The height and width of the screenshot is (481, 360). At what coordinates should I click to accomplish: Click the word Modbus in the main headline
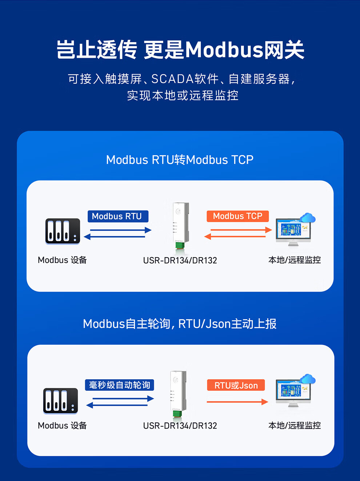coord(224,50)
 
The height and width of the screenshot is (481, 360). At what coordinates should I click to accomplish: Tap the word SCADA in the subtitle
coord(172,79)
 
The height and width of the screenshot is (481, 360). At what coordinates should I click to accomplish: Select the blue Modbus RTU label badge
coord(118,216)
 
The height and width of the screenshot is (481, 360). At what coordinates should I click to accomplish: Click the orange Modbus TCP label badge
coord(237,216)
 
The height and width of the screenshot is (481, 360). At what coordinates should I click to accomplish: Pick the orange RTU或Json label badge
coord(236,385)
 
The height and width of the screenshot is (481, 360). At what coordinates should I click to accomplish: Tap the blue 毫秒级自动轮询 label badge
coord(120,385)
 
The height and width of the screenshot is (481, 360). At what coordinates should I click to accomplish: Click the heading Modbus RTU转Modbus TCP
coord(180,160)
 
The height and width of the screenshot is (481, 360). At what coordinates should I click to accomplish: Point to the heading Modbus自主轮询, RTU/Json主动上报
coord(180,324)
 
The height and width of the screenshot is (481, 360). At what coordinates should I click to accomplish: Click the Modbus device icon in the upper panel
coord(63,231)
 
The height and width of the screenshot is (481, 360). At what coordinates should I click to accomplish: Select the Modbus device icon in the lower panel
coord(61,401)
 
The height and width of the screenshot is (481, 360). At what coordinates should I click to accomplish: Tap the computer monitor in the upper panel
coord(293,231)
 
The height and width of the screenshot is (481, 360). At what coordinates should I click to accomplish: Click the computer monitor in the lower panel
coord(293,392)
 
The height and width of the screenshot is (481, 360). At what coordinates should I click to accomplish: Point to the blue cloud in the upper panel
coord(308,218)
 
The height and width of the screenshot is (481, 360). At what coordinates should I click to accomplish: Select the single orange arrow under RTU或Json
coord(237,402)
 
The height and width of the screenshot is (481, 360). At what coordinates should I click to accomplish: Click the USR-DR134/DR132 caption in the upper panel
coord(180,260)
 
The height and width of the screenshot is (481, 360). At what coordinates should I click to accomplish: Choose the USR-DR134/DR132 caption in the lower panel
coord(180,426)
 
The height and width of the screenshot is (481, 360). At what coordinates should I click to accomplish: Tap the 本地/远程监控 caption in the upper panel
coord(294,260)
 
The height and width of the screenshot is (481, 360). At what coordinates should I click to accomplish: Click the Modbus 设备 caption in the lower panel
coord(62,425)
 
